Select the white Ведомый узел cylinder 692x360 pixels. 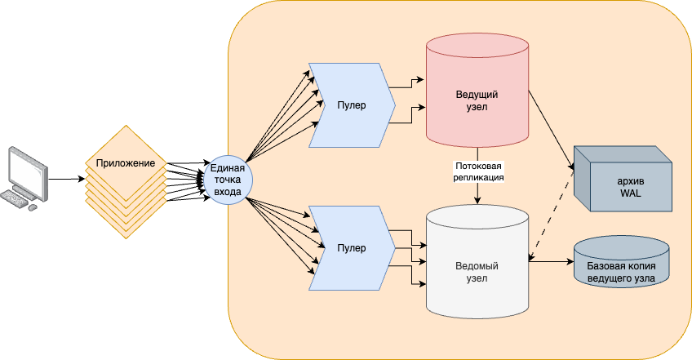click(x=477, y=269)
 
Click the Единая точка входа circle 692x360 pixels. click(x=226, y=180)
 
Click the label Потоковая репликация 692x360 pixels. click(x=477, y=171)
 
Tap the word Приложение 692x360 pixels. click(x=126, y=162)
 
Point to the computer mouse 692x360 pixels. click(x=33, y=207)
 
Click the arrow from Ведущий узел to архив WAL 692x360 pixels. click(x=551, y=131)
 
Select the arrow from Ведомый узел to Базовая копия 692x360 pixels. click(x=551, y=262)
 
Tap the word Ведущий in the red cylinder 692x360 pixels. click(x=477, y=96)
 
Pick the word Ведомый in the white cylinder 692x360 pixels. click(x=477, y=266)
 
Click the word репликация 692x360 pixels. click(x=477, y=177)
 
